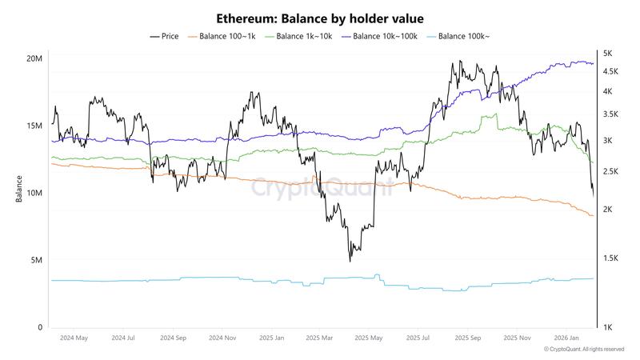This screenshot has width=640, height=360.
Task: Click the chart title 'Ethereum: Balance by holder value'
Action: pyautogui.click(x=320, y=18)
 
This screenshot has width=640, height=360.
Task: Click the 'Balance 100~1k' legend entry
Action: pyautogui.click(x=222, y=36)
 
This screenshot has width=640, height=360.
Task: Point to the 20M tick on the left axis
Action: pyautogui.click(x=34, y=59)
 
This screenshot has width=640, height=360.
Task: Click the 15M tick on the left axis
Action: pyautogui.click(x=34, y=126)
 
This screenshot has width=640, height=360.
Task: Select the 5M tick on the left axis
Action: pyautogui.click(x=36, y=261)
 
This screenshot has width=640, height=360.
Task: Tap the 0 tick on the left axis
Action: pyautogui.click(x=40, y=328)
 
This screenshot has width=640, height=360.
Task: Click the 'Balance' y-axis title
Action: pyautogui.click(x=18, y=193)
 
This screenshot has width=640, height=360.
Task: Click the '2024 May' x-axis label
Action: pyautogui.click(x=74, y=338)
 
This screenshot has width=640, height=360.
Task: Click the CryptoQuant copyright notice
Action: pyautogui.click(x=584, y=350)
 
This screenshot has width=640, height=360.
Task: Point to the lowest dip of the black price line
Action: pyautogui.click(x=350, y=261)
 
